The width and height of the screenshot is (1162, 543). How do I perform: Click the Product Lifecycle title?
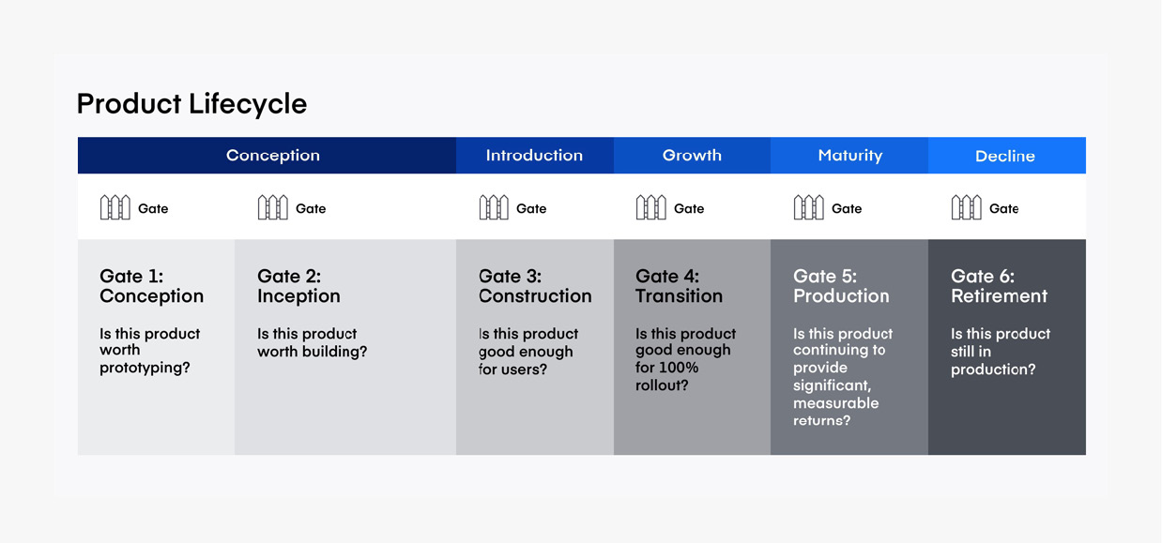(x=191, y=104)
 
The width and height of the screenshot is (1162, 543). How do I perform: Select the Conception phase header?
(x=273, y=156)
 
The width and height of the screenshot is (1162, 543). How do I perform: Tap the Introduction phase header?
(x=534, y=156)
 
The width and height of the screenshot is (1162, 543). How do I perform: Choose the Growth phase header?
(x=692, y=156)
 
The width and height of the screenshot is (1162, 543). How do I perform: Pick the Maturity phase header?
(x=850, y=156)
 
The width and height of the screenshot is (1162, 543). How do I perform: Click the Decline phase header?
(x=1005, y=156)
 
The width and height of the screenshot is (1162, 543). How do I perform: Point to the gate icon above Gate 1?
(x=115, y=207)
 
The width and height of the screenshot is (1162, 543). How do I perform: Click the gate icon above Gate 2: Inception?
(x=273, y=207)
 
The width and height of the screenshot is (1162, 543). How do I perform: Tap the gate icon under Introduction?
(x=494, y=207)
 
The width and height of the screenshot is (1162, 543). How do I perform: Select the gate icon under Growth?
(x=651, y=207)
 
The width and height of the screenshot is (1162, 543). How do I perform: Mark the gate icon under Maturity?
(x=809, y=207)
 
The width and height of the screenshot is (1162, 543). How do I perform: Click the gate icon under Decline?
(x=967, y=207)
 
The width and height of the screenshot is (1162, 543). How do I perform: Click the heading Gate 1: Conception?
(x=151, y=286)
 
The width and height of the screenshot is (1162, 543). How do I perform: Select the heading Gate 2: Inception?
(x=298, y=286)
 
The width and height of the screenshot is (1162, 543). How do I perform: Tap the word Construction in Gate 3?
(x=535, y=295)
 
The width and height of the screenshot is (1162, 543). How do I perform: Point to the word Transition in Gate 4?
(x=679, y=295)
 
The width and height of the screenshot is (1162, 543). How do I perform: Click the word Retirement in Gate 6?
(x=999, y=295)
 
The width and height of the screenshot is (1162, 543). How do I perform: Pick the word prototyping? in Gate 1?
(x=145, y=368)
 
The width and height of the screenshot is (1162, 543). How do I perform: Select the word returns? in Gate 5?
(x=821, y=420)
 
